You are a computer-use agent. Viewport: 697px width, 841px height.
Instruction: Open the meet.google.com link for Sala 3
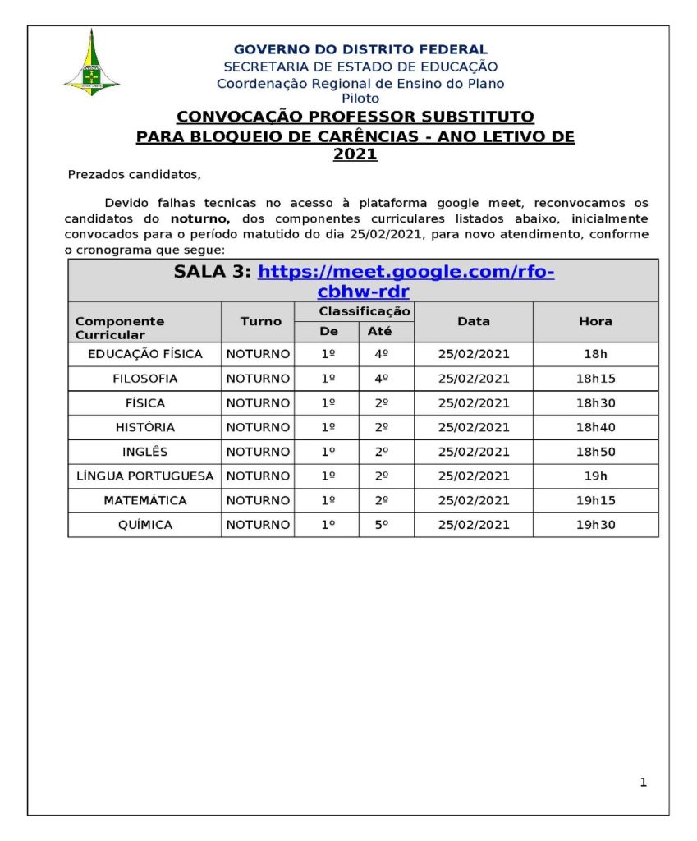(406, 273)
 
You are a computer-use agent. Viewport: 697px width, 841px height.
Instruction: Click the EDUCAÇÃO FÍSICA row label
(144, 354)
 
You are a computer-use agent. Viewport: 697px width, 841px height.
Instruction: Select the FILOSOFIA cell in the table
(144, 379)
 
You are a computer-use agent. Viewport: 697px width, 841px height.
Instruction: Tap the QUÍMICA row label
(144, 525)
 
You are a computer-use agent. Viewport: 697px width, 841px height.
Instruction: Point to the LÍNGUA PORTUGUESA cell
(144, 476)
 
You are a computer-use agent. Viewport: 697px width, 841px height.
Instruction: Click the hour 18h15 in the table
(595, 379)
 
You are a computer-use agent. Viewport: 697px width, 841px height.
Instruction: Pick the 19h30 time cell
(595, 525)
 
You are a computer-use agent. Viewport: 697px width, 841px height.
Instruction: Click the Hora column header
(595, 321)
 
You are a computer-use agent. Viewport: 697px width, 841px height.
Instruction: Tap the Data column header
(473, 321)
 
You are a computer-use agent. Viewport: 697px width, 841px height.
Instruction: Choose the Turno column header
(260, 321)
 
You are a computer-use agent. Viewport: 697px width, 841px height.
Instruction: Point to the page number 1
(643, 783)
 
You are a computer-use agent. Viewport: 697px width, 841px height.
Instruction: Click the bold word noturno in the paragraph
(199, 218)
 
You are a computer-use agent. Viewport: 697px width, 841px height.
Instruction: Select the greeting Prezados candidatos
(134, 174)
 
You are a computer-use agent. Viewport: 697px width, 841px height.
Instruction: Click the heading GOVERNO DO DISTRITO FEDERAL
(360, 50)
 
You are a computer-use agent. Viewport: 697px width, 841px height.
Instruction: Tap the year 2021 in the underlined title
(355, 154)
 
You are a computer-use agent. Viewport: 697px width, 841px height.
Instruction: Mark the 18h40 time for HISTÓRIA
(595, 427)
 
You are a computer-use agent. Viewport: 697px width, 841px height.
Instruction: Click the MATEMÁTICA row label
(144, 500)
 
